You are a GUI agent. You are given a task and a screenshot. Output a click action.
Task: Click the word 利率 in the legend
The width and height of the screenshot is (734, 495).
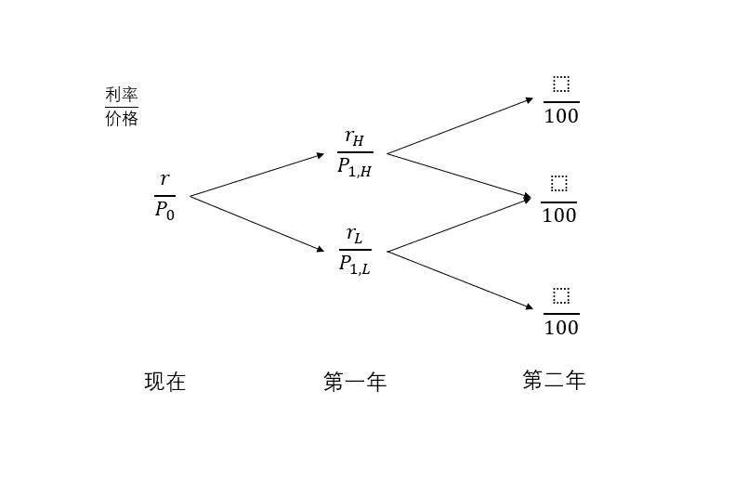click(x=122, y=95)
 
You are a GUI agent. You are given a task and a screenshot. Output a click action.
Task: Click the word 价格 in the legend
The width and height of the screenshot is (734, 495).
click(x=122, y=119)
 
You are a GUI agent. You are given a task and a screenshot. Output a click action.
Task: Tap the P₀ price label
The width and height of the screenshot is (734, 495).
click(x=164, y=210)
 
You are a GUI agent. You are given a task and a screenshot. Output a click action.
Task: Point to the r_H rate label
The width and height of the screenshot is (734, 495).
click(x=355, y=137)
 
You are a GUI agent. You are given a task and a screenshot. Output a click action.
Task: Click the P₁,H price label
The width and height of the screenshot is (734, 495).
click(x=355, y=167)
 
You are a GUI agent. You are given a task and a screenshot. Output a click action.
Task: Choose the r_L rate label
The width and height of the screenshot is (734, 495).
click(x=355, y=235)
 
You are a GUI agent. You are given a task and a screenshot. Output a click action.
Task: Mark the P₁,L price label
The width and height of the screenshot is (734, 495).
click(x=355, y=265)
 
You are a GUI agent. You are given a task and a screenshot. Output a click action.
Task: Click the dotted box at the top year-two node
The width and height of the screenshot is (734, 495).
click(x=560, y=85)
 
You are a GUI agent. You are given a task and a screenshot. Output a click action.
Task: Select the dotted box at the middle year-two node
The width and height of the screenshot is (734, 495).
click(x=558, y=183)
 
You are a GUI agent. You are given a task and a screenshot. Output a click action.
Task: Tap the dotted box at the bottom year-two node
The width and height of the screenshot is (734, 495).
click(x=560, y=295)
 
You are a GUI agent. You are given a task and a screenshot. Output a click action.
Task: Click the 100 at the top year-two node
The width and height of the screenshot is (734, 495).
click(x=561, y=116)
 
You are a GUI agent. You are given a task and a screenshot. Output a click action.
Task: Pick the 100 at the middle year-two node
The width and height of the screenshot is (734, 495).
click(x=559, y=215)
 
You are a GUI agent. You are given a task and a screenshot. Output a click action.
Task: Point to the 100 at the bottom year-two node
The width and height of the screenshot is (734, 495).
click(x=561, y=327)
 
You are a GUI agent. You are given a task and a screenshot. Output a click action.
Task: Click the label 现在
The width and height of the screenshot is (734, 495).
click(x=165, y=382)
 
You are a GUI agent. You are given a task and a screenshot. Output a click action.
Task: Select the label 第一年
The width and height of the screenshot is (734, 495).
click(x=355, y=382)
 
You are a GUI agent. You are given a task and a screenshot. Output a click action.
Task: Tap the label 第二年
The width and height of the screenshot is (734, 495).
click(x=554, y=380)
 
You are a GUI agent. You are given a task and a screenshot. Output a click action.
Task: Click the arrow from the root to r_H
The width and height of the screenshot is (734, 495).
click(x=257, y=175)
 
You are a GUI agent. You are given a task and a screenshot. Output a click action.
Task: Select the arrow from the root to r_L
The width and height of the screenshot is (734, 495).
click(x=257, y=224)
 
